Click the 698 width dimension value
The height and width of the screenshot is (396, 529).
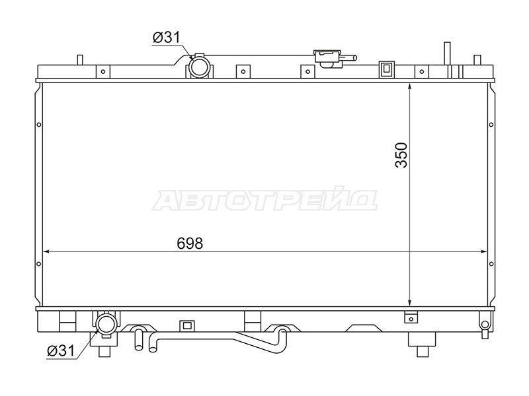point(190,244)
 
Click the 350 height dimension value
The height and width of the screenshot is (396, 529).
point(401,155)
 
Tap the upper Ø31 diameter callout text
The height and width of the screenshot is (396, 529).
point(167,38)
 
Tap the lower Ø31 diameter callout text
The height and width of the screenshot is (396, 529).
point(61,351)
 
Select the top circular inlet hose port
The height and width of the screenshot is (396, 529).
point(199,67)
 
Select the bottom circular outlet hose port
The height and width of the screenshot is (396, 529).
point(106,323)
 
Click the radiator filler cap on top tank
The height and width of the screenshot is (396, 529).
point(327,58)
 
